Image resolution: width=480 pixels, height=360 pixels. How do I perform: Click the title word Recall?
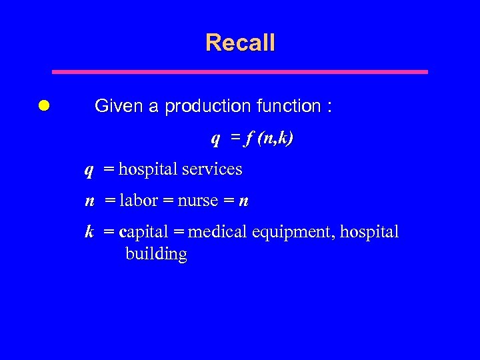point(240,43)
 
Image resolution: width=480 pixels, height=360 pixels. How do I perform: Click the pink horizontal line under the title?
point(240,71)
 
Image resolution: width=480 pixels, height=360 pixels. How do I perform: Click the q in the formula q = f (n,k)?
point(215,139)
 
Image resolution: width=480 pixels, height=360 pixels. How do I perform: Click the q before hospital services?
point(89,171)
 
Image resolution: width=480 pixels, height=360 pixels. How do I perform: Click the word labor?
point(139,201)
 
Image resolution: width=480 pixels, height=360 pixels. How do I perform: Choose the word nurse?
point(198,201)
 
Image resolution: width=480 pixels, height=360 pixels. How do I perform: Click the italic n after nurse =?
point(244,201)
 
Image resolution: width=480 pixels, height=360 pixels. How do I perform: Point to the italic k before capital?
point(89,232)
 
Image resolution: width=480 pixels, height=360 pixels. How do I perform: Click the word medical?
point(217,232)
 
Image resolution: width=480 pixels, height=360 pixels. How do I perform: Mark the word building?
point(156,254)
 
